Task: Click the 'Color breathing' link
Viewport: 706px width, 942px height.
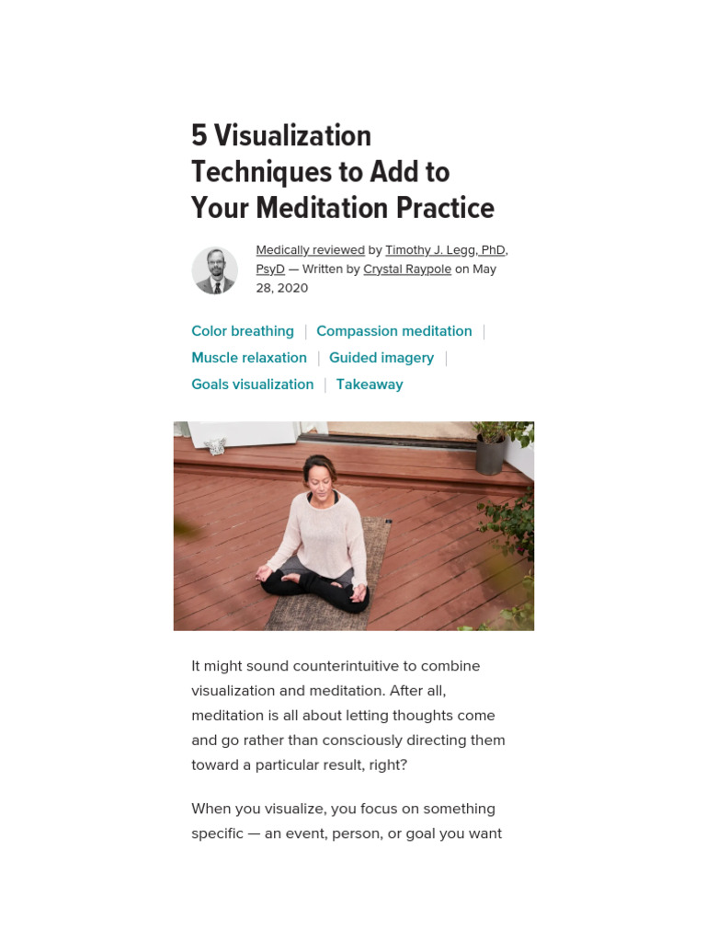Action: pos(243,331)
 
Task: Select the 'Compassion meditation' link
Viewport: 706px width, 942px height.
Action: pos(393,331)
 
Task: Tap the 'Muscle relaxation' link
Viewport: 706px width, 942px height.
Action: pos(249,358)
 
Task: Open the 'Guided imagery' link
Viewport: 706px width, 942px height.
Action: pos(381,358)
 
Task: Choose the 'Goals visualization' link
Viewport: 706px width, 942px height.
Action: pos(252,385)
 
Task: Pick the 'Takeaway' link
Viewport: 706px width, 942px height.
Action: pos(370,385)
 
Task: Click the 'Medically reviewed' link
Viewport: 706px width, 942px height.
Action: pos(310,250)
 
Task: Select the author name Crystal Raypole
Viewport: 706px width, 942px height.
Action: pos(407,270)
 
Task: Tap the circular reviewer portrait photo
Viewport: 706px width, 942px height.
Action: pos(214,270)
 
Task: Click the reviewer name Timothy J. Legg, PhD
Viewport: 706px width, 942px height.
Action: pos(445,250)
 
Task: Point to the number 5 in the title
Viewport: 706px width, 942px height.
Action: pos(199,136)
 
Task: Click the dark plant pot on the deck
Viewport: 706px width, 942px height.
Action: pos(489,454)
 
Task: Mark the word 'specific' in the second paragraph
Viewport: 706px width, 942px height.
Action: pos(216,834)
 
